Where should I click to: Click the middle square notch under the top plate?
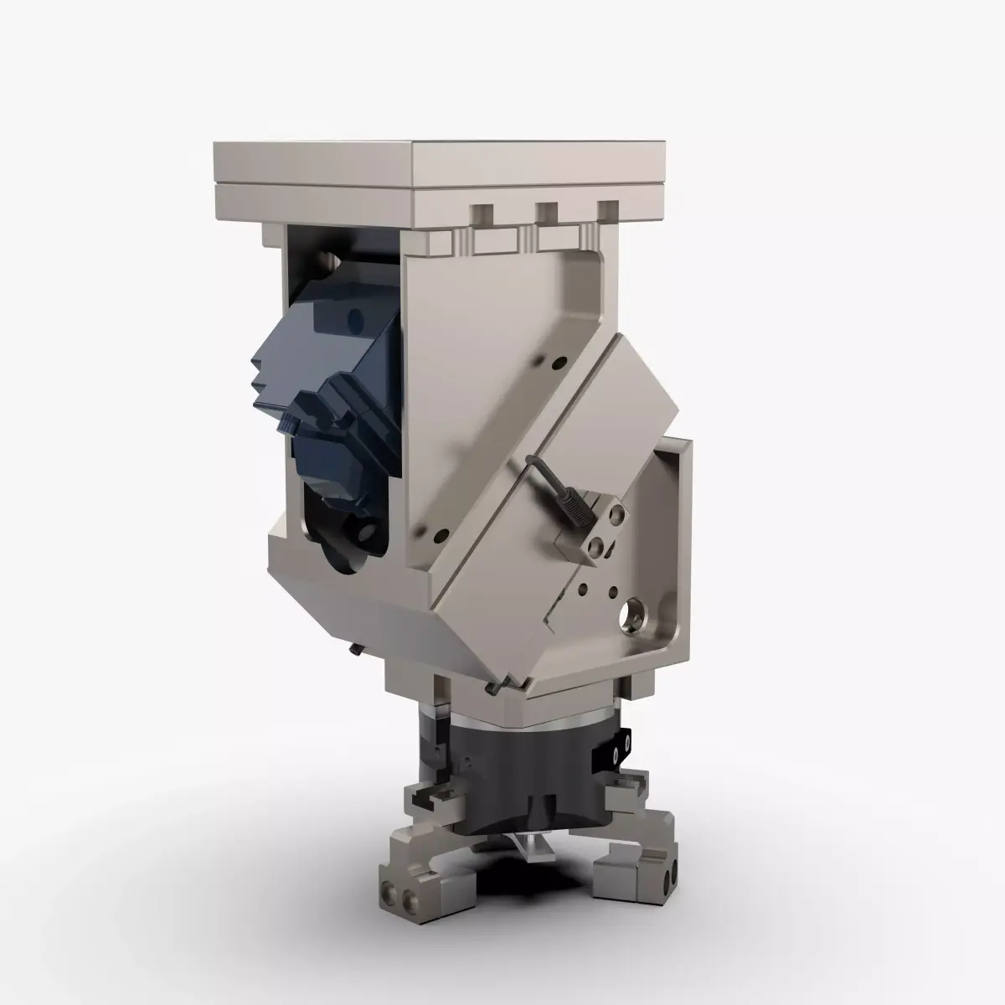coord(549,215)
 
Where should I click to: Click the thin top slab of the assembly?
coord(435,159)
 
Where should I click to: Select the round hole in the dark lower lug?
coord(365,531)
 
